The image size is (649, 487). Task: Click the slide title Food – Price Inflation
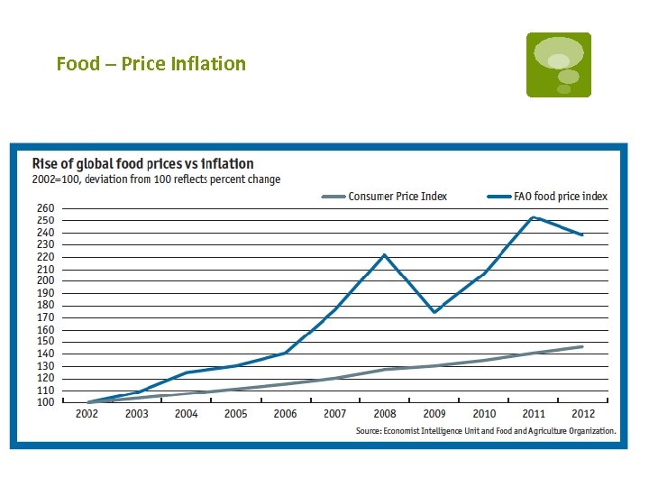coord(151,64)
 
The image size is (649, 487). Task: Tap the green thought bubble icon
coord(559,65)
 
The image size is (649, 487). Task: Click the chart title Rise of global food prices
coord(143,163)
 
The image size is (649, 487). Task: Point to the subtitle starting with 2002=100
coord(157,179)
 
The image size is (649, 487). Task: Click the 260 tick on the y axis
coord(45,208)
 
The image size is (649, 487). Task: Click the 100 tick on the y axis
coord(45,401)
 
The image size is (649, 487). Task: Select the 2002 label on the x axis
coord(87,414)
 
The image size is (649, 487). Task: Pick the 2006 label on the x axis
coord(285,414)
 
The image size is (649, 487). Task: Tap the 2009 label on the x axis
coord(434,414)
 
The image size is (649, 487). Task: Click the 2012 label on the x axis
coord(582,414)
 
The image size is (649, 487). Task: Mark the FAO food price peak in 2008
coord(385,255)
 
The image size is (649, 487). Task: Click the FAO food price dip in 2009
coord(434,312)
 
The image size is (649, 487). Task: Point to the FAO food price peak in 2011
coord(533,217)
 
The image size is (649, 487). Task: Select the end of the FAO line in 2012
coord(582,234)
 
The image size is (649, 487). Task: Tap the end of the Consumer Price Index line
coord(582,346)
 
